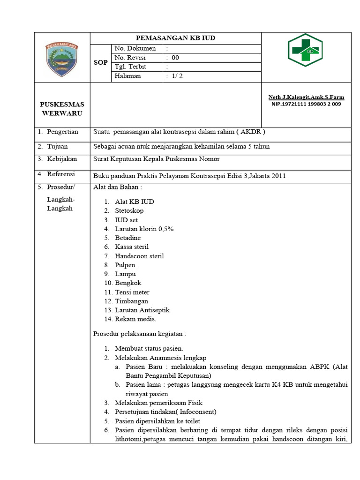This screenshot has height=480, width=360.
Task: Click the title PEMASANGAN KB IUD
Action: (x=175, y=38)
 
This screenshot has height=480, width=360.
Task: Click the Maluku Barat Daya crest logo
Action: (x=61, y=57)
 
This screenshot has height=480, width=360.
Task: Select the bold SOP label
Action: (x=100, y=62)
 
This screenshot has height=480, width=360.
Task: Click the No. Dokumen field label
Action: (x=133, y=49)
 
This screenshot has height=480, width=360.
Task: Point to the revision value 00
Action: (x=175, y=58)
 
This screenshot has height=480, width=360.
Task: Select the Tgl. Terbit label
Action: (x=130, y=67)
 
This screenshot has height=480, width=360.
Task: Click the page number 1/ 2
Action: (x=177, y=76)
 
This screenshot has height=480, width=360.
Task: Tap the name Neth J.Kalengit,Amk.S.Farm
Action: (x=306, y=97)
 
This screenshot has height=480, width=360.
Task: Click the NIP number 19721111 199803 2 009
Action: (x=306, y=104)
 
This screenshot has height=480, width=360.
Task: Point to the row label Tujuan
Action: (x=57, y=146)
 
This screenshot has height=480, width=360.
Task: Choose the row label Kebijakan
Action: (x=61, y=159)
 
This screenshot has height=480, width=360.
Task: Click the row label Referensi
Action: (x=61, y=174)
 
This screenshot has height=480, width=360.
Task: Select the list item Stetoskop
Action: (x=129, y=210)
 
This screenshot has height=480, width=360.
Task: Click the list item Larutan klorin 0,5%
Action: (x=144, y=229)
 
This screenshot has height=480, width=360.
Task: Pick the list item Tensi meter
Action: (x=132, y=292)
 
